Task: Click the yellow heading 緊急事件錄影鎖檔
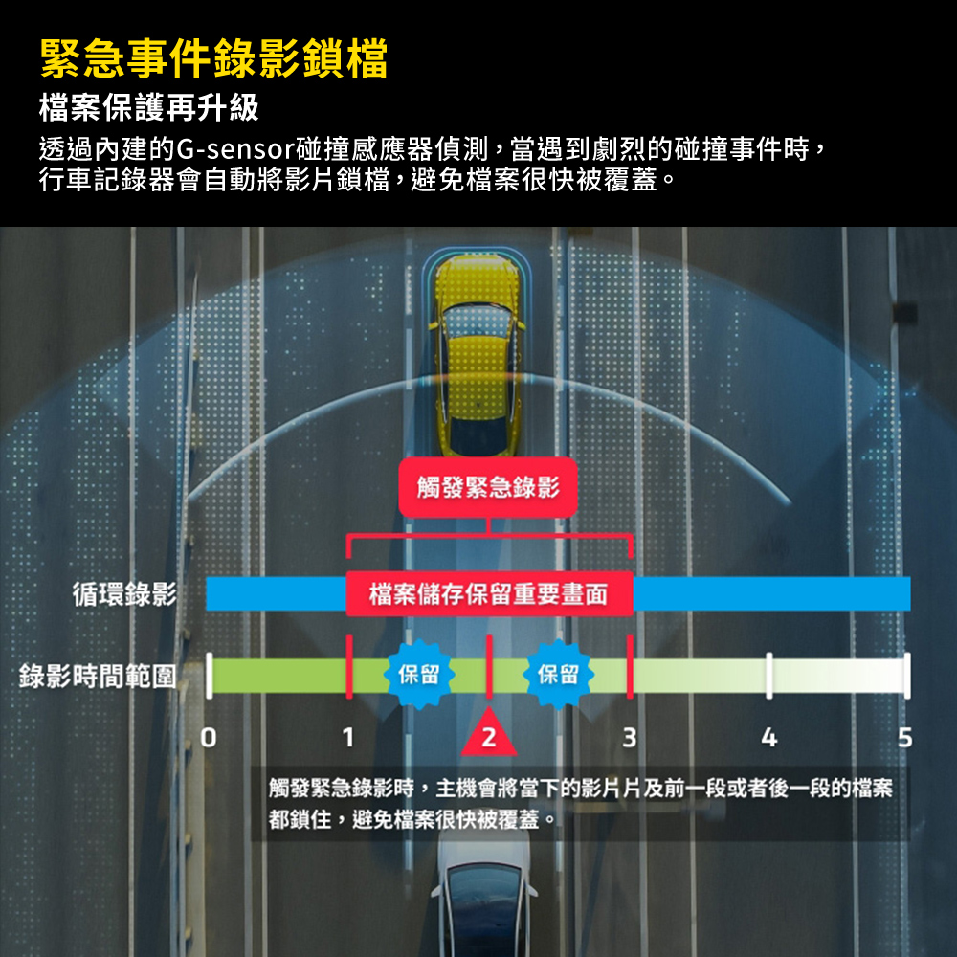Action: coord(213,58)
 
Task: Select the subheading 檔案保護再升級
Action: coord(148,107)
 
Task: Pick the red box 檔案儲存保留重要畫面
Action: coord(488,595)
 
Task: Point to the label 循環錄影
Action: coord(124,594)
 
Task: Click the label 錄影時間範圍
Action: coord(98,676)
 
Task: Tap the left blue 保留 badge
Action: coord(417,674)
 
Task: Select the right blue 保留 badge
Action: coord(558,674)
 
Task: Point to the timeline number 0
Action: coord(210,738)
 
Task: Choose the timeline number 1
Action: coord(348,738)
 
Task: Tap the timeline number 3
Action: coord(629,738)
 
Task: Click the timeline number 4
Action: coord(768,738)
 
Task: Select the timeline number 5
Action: coord(905,738)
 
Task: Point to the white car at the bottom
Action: coord(485,900)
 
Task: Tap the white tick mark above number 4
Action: coord(768,676)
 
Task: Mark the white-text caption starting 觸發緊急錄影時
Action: coord(580,803)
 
